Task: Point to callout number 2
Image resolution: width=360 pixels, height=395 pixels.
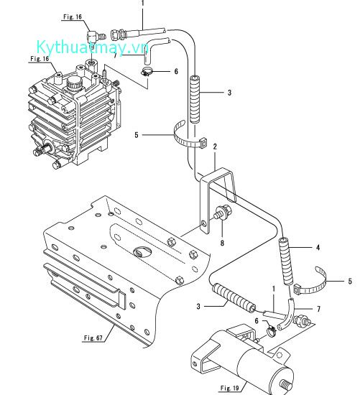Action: (x=214, y=146)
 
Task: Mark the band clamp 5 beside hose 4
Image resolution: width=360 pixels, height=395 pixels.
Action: (x=318, y=286)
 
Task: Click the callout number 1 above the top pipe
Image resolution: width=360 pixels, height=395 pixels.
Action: (x=142, y=4)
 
